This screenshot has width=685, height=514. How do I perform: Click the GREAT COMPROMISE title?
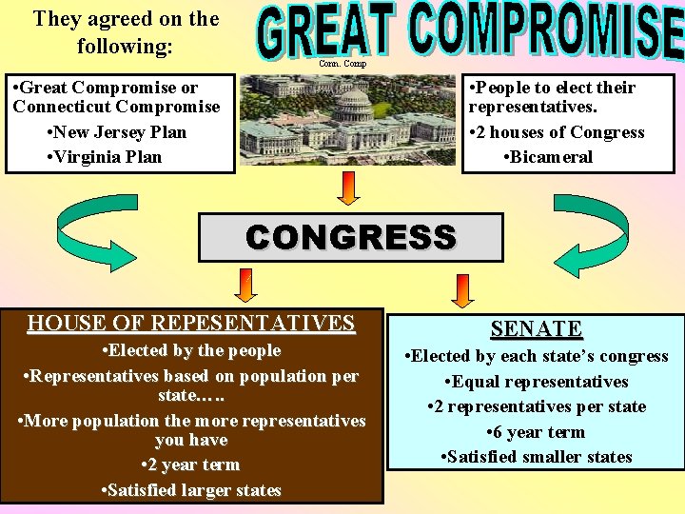(471, 30)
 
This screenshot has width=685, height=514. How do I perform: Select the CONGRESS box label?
(350, 237)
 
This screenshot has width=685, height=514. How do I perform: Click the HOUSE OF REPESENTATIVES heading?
(191, 324)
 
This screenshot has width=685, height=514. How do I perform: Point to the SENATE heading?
(537, 329)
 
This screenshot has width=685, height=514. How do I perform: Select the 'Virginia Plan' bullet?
(105, 157)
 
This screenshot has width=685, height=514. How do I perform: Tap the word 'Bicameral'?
(552, 157)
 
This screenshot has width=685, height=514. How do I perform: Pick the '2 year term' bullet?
(190, 465)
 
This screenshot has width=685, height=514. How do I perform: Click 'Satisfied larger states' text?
(191, 490)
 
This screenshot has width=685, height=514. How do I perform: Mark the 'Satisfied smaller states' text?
(537, 457)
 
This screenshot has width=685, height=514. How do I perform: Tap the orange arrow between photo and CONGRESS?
(349, 188)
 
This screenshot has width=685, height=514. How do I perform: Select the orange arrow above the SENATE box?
(462, 289)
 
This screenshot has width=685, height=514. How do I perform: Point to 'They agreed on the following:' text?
(126, 31)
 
